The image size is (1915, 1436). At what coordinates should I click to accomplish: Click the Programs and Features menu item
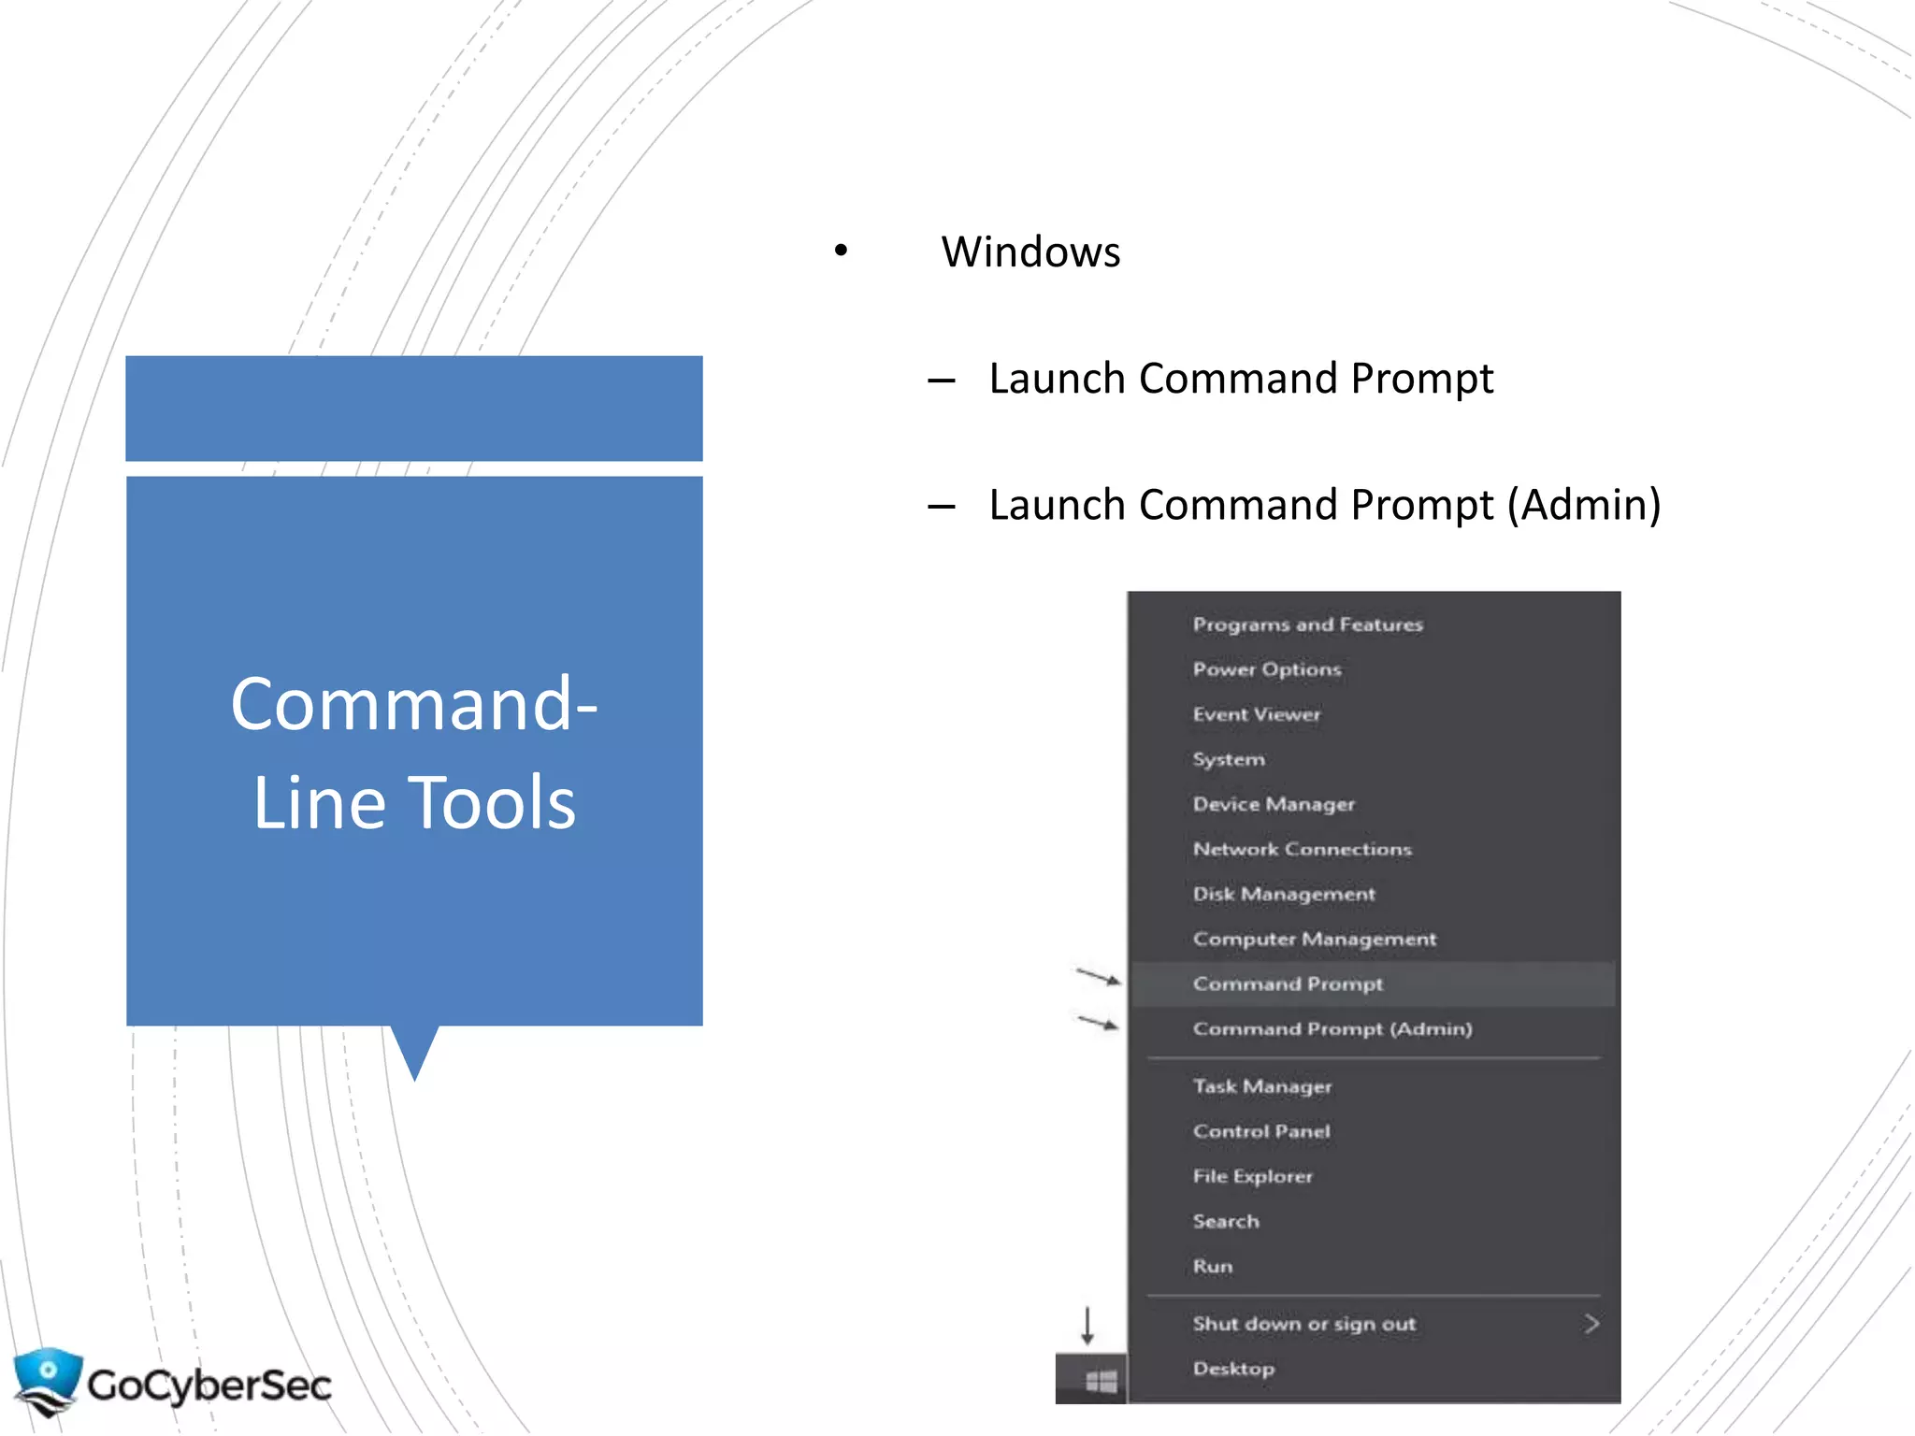(1307, 625)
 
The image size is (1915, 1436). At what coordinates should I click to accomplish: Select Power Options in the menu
(1267, 669)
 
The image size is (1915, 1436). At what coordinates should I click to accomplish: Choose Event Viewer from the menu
(1257, 714)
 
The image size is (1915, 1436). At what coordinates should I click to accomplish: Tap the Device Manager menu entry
(1274, 804)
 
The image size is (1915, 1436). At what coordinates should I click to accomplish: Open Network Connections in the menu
(1302, 849)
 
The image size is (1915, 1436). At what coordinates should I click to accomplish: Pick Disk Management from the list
(1284, 894)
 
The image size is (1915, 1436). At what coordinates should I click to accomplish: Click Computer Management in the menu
(1314, 939)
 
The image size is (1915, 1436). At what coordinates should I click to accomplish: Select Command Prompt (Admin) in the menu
(1332, 1028)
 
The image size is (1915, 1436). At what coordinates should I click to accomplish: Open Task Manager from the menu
(1262, 1086)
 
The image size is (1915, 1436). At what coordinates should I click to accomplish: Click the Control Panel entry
(1261, 1131)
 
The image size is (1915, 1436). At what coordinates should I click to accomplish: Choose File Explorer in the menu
(1253, 1176)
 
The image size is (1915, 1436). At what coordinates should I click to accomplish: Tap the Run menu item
(1213, 1266)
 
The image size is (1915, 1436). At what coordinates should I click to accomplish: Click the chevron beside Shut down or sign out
(1591, 1324)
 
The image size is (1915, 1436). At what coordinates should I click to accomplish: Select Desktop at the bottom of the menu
(1233, 1369)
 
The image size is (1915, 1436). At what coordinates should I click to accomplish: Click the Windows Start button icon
(1101, 1381)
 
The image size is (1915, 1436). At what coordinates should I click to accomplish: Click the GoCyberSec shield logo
(47, 1381)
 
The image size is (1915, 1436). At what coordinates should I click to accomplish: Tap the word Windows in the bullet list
(1030, 251)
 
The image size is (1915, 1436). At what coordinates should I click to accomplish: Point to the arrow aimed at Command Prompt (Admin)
(1098, 1023)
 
